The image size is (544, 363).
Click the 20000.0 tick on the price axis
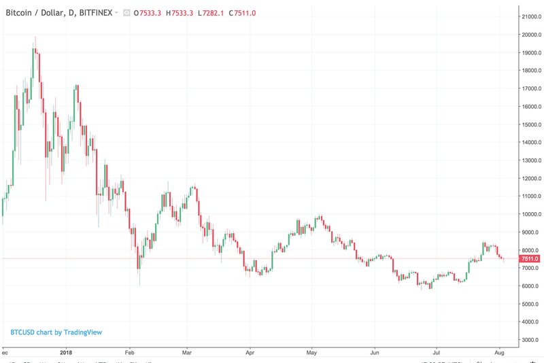(530, 35)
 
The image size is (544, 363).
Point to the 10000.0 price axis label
(530, 214)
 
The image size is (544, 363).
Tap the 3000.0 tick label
(532, 340)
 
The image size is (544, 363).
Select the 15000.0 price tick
(530, 124)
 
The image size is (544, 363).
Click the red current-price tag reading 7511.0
(530, 259)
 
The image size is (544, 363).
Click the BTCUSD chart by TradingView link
(56, 332)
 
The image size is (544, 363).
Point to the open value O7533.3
(147, 13)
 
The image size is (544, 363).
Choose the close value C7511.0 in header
(243, 13)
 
